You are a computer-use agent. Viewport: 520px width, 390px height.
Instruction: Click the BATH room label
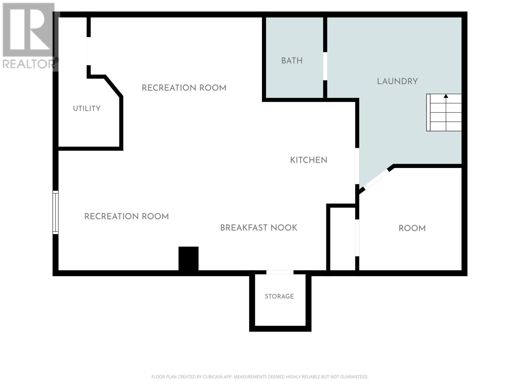coord(292,61)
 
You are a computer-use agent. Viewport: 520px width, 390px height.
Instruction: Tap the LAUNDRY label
coord(397,82)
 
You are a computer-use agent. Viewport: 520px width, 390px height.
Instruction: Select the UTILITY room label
coord(87,109)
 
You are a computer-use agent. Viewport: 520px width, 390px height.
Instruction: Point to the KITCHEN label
coord(309,160)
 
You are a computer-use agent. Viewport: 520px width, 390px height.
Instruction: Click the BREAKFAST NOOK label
coord(259,228)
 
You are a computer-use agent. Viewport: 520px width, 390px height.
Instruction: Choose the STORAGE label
coord(279,296)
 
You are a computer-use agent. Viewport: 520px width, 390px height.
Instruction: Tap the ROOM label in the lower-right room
coord(412,228)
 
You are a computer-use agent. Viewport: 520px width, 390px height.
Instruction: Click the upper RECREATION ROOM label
coord(184,88)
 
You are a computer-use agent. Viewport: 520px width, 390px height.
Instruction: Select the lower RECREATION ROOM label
coord(126,216)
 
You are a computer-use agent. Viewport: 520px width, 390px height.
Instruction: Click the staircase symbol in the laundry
coord(444,112)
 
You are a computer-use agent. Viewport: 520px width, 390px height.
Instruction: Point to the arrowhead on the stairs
coord(446,96)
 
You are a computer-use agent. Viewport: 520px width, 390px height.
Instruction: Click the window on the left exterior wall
coord(56,213)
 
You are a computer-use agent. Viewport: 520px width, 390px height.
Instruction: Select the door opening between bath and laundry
coord(325,66)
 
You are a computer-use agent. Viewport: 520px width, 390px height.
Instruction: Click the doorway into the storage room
coord(280,273)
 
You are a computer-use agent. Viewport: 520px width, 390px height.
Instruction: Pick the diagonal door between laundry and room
coord(377,179)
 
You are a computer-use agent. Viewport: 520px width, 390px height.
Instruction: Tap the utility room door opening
coord(89,51)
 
